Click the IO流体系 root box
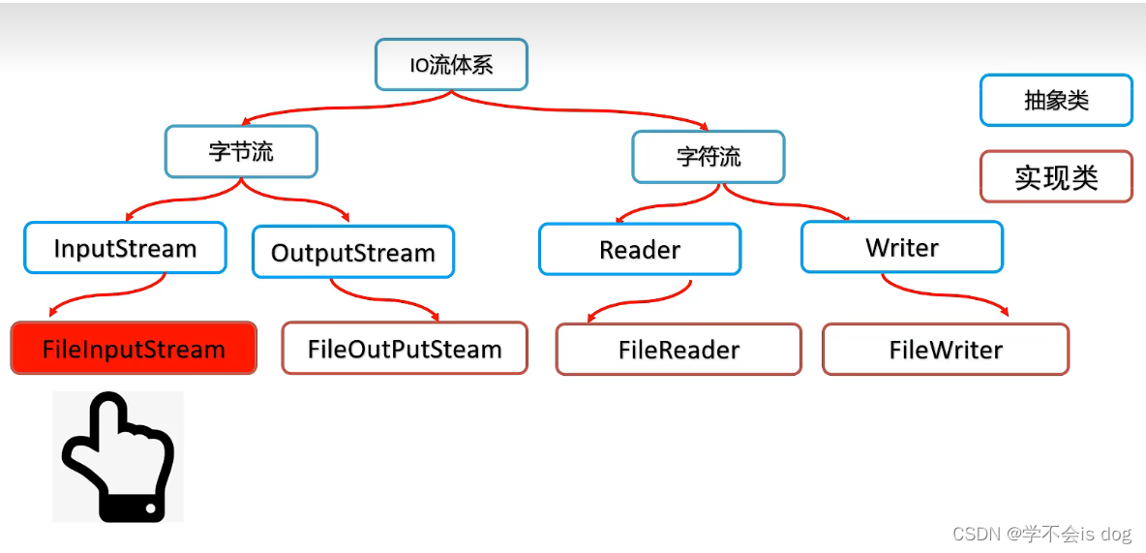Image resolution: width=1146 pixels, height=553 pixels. coord(451,65)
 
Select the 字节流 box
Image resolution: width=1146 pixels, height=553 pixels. coord(241,151)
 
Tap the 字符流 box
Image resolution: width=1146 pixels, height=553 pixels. coord(709,157)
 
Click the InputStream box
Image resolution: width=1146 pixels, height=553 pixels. coord(125,248)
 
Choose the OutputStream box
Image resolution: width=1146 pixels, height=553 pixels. coord(352,253)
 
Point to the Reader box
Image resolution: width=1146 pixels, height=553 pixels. coord(640,249)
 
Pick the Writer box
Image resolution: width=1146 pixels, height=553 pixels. coord(902,247)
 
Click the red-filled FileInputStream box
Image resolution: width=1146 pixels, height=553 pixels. coord(134,349)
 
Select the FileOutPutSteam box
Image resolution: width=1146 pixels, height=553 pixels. coord(405,349)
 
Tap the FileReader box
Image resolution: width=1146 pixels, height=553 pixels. coord(679,350)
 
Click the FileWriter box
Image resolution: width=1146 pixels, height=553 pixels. coord(946,350)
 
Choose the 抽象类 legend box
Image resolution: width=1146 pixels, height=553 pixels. coord(1056,101)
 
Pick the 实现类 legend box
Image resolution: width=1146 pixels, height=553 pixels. coord(1056,177)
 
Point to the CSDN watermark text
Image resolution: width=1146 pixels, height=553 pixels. coord(1041,534)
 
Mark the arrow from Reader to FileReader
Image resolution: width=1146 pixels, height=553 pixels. coord(639,299)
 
